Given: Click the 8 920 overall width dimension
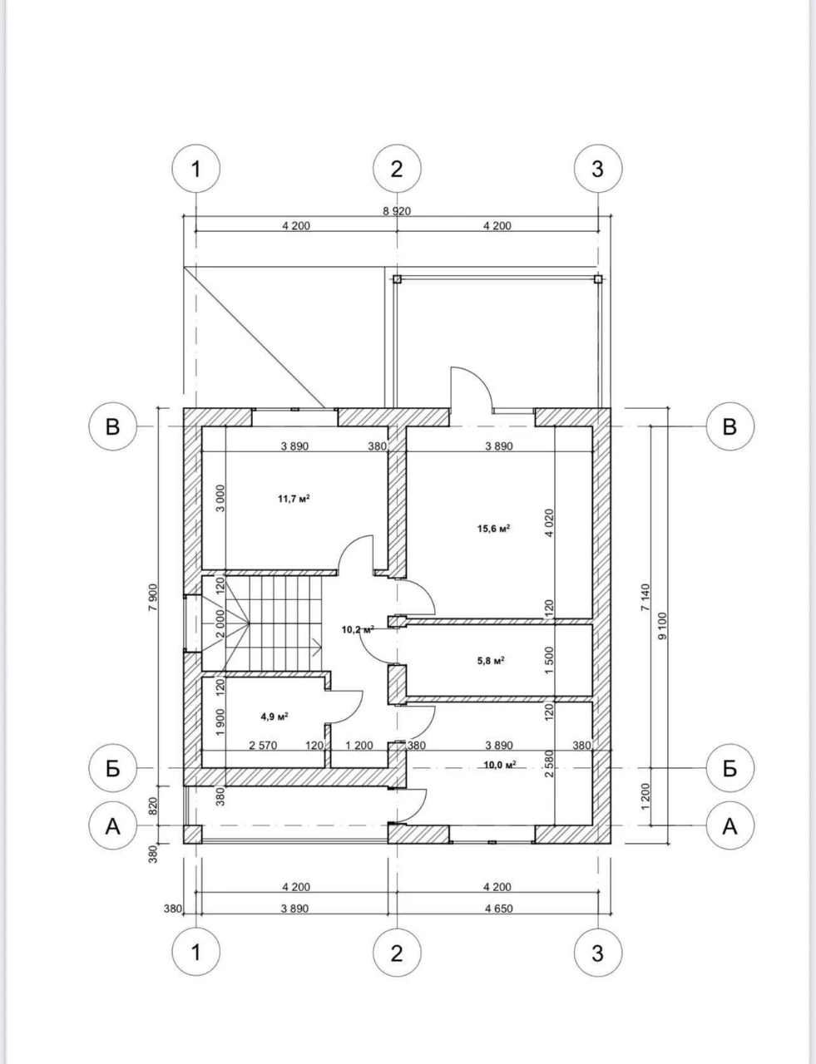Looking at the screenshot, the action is click(x=396, y=211).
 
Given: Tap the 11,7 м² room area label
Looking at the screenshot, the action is click(x=294, y=499).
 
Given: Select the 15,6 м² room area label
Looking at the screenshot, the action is click(x=494, y=529).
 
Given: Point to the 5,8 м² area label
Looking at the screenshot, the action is click(x=491, y=661).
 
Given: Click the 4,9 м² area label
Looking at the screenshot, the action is click(x=274, y=717).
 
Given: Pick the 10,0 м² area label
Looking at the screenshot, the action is click(x=500, y=765).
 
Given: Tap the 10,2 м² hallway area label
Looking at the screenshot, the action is click(x=358, y=630).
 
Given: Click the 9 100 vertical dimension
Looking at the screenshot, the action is click(x=662, y=626).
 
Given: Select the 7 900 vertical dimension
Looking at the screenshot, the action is click(x=153, y=597).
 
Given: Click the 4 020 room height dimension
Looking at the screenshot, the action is click(x=549, y=523).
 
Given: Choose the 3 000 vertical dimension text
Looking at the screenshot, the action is click(x=221, y=499).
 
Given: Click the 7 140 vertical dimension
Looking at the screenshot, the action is click(x=645, y=597).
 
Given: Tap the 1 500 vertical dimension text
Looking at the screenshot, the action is click(x=549, y=660).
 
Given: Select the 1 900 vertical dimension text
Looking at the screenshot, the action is click(x=220, y=722).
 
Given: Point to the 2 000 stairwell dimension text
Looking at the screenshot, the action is click(x=220, y=623).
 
